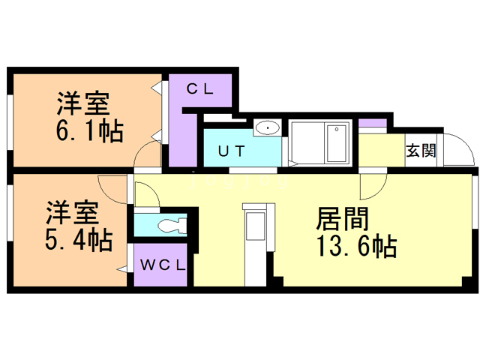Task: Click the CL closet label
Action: pyautogui.click(x=200, y=89)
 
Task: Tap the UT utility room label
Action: pyautogui.click(x=232, y=151)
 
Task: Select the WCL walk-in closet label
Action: pyautogui.click(x=163, y=265)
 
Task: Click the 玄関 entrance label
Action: pyautogui.click(x=421, y=151)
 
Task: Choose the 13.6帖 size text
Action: pyautogui.click(x=356, y=245)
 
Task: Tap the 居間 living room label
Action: pyautogui.click(x=342, y=218)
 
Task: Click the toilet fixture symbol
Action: pyautogui.click(x=172, y=226)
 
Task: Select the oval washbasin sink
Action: pyautogui.click(x=268, y=127)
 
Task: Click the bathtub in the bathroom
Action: pyautogui.click(x=337, y=143)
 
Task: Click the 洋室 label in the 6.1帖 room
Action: pyautogui.click(x=83, y=103)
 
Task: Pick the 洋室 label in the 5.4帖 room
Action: pyautogui.click(x=73, y=213)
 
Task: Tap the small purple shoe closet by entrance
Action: pyautogui.click(x=373, y=123)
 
